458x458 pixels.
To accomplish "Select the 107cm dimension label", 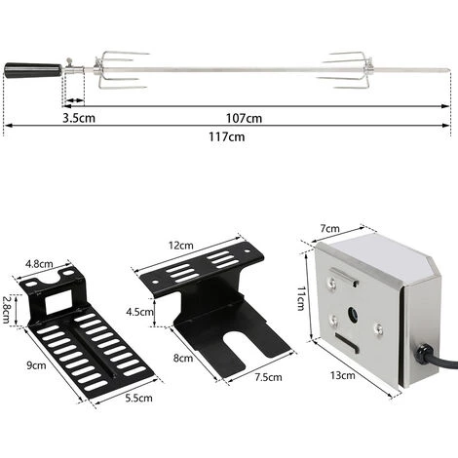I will click(246, 118).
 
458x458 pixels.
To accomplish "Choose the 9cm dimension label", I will click(37, 365).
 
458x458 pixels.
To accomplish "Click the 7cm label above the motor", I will click(329, 228).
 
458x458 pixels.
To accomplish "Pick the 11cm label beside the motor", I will click(302, 294).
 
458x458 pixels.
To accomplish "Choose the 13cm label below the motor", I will click(343, 400).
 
